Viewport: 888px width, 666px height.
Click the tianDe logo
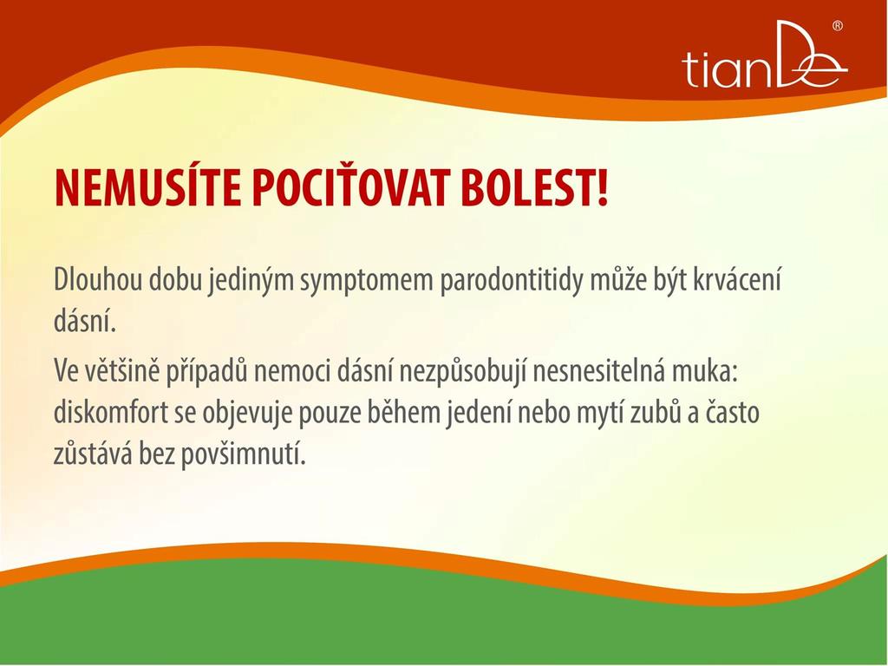click(x=765, y=55)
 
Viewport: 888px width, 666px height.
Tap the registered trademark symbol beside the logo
click(x=837, y=26)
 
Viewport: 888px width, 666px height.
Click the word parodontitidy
click(x=512, y=282)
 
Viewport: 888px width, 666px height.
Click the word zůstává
click(x=92, y=453)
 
